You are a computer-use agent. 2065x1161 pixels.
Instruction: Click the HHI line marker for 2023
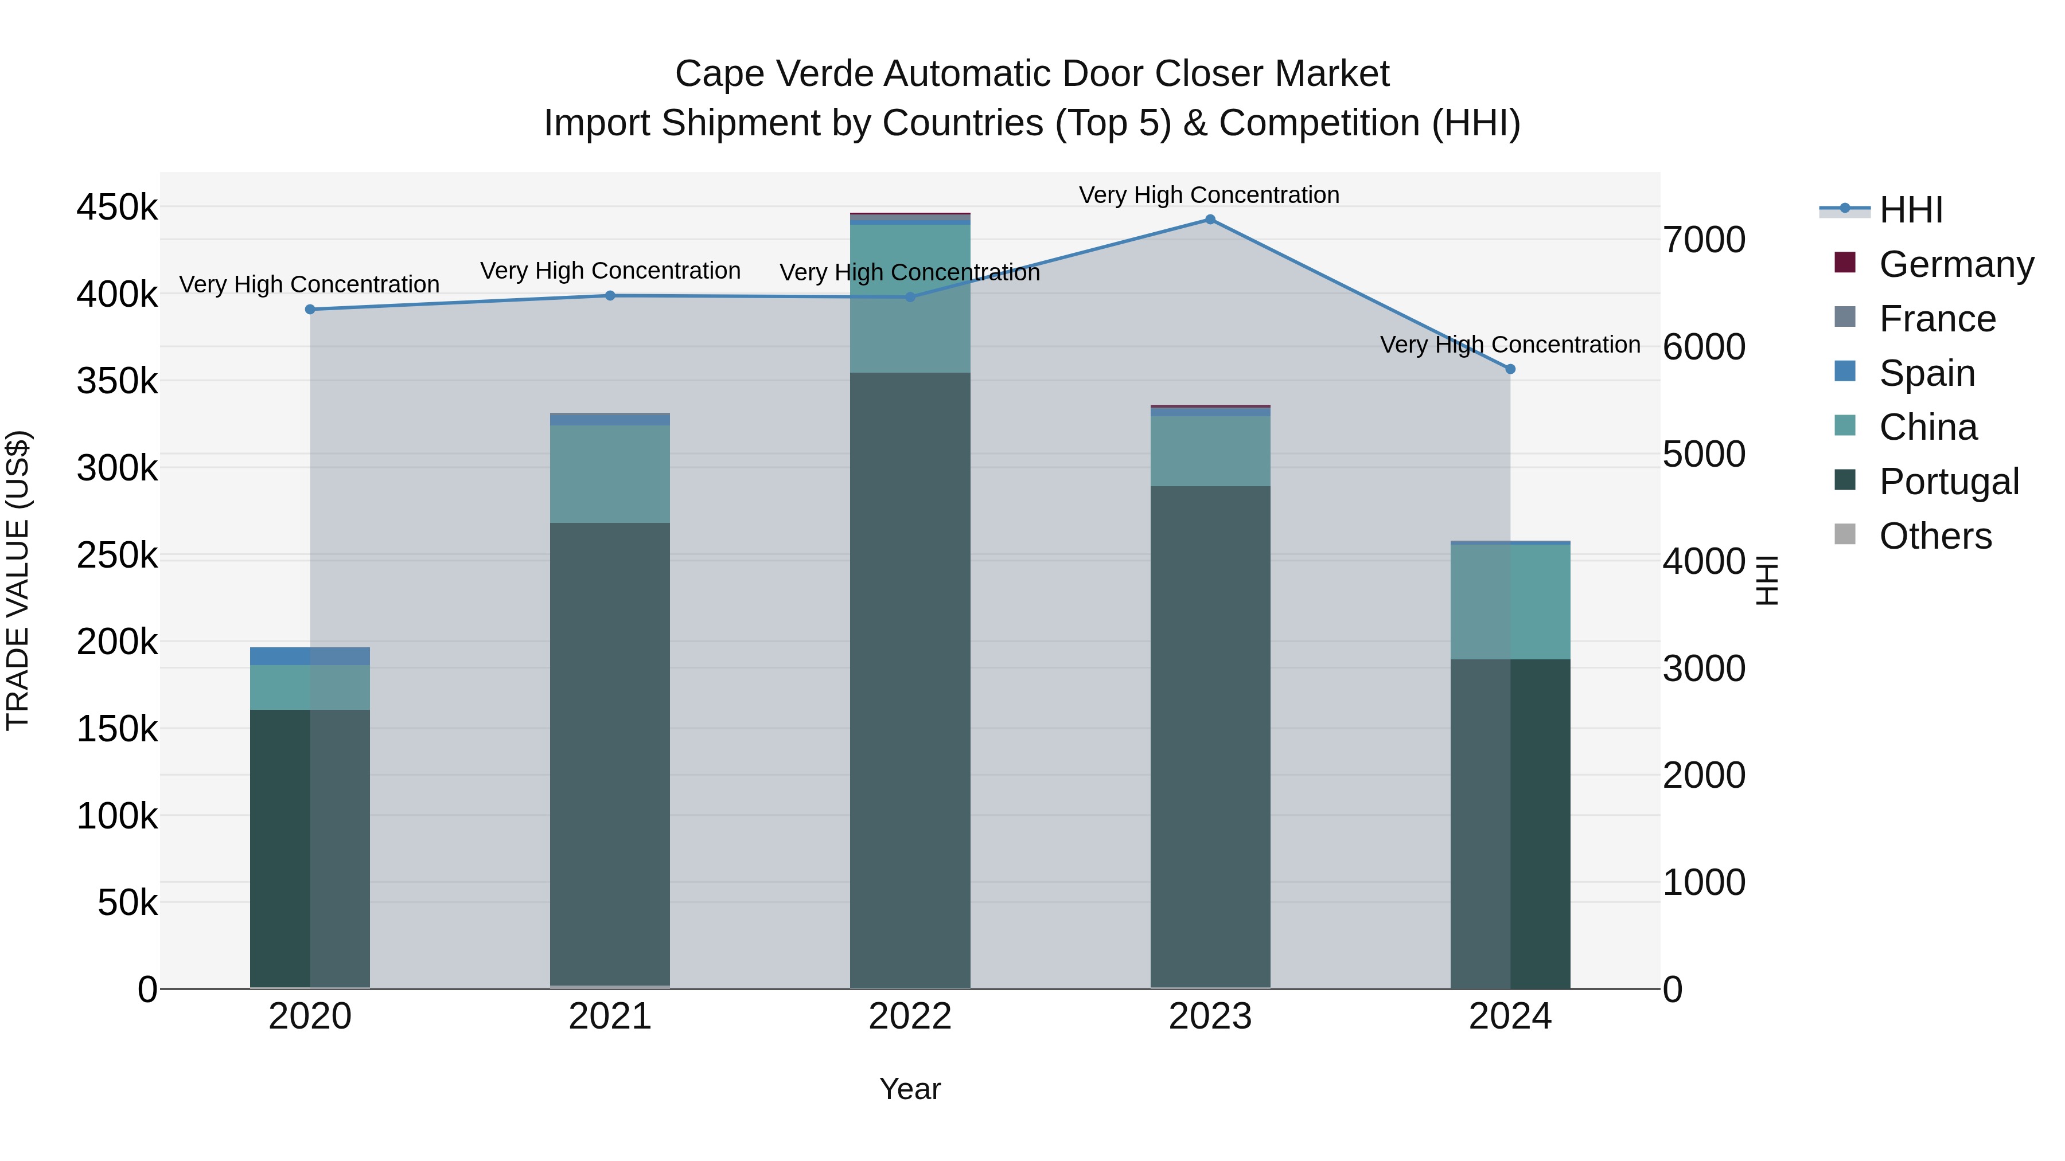point(1210,220)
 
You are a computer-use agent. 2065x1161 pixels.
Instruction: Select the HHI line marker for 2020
point(310,309)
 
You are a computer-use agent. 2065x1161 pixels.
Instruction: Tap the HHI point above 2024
point(1510,369)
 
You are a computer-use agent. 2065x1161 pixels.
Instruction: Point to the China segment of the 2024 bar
point(1510,602)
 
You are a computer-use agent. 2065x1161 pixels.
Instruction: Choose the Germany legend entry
point(1955,264)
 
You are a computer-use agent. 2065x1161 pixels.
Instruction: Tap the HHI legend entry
point(1910,210)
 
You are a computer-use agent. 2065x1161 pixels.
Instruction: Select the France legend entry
point(1937,319)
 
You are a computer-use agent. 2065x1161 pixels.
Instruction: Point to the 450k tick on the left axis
point(117,208)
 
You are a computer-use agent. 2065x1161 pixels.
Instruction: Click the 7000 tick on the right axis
point(1704,240)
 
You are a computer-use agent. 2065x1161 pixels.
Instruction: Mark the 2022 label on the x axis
point(910,1017)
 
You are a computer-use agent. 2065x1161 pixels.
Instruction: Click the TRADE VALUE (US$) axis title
point(18,580)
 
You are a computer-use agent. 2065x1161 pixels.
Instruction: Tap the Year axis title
point(910,1089)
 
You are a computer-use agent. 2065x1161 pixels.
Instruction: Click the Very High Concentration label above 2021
point(610,271)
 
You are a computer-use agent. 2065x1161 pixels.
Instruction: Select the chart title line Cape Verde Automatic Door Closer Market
point(1032,74)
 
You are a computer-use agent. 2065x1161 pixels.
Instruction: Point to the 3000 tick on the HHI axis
point(1704,669)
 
